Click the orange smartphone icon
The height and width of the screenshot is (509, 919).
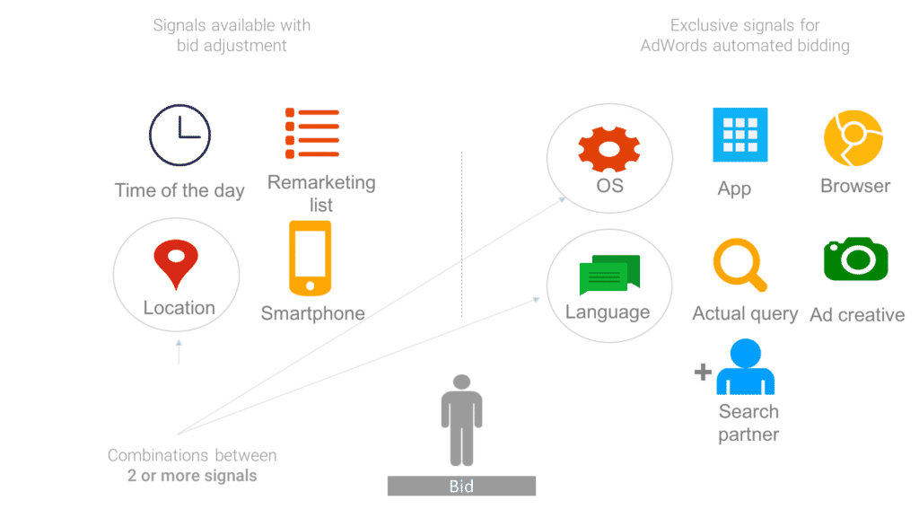point(310,258)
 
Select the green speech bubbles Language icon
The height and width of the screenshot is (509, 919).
point(609,275)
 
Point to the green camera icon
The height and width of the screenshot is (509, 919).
point(855,259)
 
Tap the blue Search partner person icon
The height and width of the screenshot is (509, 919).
point(746,367)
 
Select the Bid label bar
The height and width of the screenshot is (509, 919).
point(461,487)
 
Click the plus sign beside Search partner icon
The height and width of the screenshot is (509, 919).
point(703,372)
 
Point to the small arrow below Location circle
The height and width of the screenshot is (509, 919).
point(178,351)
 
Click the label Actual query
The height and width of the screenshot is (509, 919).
point(745,314)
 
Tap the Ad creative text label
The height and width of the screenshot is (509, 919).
point(856,315)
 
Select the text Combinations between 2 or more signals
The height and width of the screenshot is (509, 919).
point(192,465)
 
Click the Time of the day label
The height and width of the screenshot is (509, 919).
point(179,190)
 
